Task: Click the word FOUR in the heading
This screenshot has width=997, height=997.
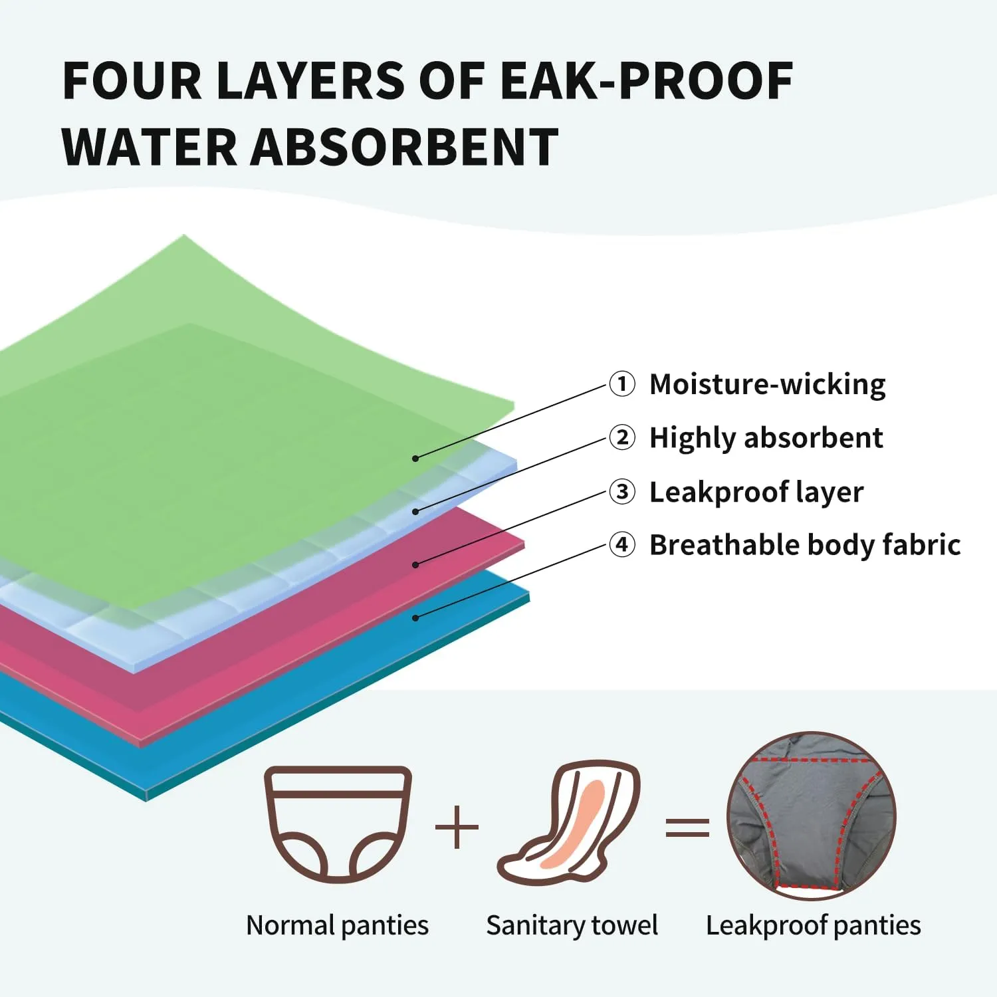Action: pyautogui.click(x=131, y=81)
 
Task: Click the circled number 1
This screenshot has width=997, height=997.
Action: pyautogui.click(x=622, y=384)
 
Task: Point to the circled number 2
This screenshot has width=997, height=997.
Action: pyautogui.click(x=622, y=438)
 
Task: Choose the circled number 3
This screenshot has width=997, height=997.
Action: pyautogui.click(x=622, y=492)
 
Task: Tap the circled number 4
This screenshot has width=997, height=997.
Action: pyautogui.click(x=622, y=545)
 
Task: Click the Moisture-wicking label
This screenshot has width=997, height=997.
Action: pyautogui.click(x=767, y=385)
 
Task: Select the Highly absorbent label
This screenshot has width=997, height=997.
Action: pyautogui.click(x=766, y=439)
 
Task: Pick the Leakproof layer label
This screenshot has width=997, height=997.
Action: pyautogui.click(x=756, y=493)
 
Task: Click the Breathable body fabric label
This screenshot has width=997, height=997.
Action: pyautogui.click(x=804, y=546)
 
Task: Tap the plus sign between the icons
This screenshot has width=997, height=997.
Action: pyautogui.click(x=457, y=827)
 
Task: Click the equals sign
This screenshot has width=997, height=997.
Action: pyautogui.click(x=687, y=828)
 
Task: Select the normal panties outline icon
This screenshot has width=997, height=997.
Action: pyautogui.click(x=338, y=824)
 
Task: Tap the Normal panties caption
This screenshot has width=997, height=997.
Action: pyautogui.click(x=337, y=925)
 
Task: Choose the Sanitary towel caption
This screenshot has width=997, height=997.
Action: pyautogui.click(x=572, y=925)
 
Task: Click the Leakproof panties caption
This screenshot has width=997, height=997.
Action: pyautogui.click(x=813, y=925)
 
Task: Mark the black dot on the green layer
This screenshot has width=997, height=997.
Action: pyautogui.click(x=415, y=459)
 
